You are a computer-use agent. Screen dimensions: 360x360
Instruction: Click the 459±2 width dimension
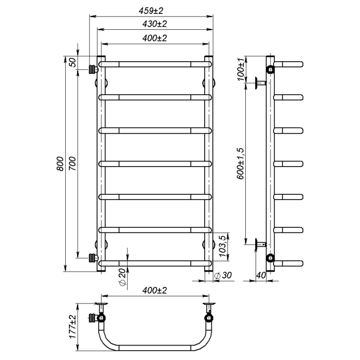tap(151, 11)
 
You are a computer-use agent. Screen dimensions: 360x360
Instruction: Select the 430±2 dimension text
tap(154, 24)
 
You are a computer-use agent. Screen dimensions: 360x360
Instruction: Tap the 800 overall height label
tap(60, 164)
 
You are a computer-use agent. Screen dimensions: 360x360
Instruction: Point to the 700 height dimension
tap(72, 164)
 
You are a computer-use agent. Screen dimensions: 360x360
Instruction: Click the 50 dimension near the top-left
tap(72, 62)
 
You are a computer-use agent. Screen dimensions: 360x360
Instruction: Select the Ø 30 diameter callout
tap(223, 275)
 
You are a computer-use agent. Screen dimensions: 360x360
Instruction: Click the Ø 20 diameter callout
tap(123, 277)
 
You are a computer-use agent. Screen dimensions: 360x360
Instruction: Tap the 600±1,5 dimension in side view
tap(240, 164)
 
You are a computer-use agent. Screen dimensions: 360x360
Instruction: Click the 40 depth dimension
tap(261, 275)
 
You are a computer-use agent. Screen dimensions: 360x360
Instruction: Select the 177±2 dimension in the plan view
tap(73, 327)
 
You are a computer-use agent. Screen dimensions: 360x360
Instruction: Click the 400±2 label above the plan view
tap(154, 291)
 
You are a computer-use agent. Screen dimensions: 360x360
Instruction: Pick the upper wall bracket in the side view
tap(261, 83)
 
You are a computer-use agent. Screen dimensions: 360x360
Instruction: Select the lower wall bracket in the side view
tap(261, 244)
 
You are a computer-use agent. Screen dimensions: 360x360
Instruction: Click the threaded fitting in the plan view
tap(93, 318)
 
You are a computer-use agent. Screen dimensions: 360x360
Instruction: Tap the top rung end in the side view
tap(289, 64)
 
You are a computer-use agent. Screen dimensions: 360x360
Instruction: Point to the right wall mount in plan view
tap(209, 307)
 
